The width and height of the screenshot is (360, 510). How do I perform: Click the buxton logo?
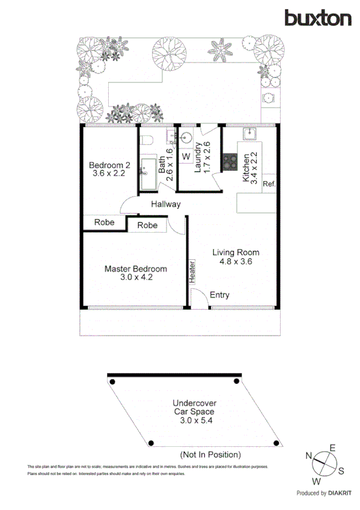318,18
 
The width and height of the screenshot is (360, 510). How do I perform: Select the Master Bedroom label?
135,273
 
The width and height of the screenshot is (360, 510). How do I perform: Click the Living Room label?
236,257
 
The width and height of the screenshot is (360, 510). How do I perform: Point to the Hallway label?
165,204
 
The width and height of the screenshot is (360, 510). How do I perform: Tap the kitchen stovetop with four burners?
230,161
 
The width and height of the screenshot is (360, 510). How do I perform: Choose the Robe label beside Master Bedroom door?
147,226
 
